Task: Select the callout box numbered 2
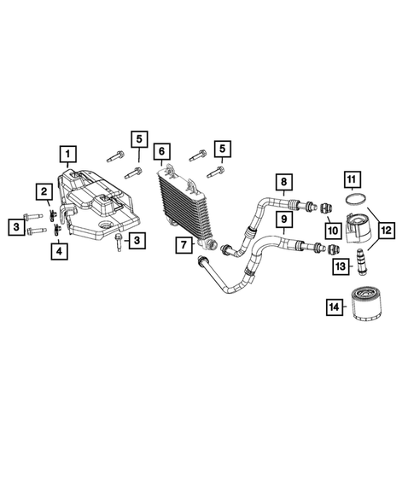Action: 41,191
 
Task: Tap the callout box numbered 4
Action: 58,251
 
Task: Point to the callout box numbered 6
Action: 160,154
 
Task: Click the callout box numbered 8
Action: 283,182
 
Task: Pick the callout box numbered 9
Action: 283,219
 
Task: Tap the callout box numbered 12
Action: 387,230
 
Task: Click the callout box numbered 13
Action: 341,267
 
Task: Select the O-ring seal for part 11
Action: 351,202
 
